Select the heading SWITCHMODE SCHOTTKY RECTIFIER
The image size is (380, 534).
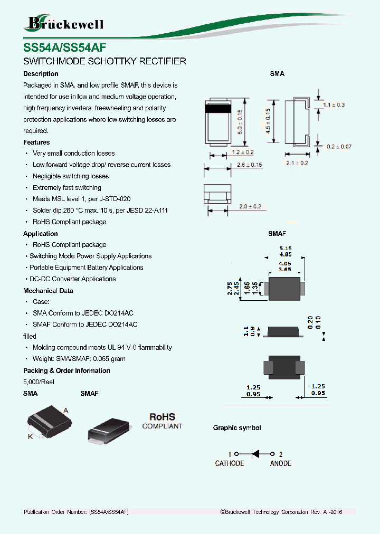pos(104,61)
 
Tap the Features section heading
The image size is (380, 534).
pos(36,142)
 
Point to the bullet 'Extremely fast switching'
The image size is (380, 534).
pos(66,188)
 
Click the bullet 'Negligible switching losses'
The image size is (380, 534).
pos(70,176)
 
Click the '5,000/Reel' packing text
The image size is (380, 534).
pos(39,382)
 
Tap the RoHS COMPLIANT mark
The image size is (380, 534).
pos(162,421)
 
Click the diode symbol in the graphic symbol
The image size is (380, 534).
pos(255,454)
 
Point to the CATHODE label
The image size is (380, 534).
pos(230,463)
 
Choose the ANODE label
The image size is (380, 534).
pos(280,463)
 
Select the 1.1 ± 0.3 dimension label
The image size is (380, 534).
pos(334,105)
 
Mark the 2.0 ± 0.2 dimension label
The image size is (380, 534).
pos(250,206)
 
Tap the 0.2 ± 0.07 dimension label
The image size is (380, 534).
pos(338,146)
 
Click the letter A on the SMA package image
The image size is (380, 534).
pos(66,410)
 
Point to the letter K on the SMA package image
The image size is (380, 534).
pos(30,436)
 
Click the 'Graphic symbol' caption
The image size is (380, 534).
pos(237,428)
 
